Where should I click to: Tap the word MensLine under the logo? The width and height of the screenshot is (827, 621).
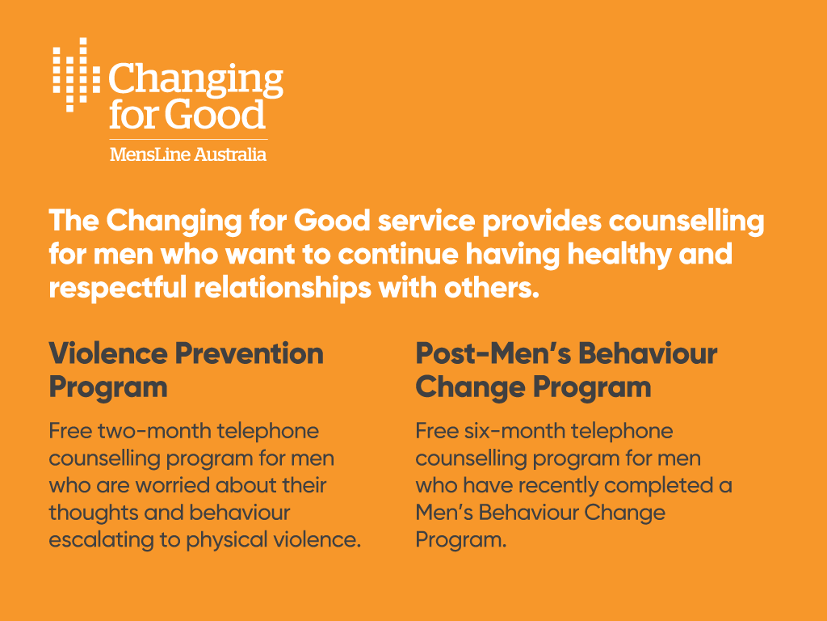point(149,154)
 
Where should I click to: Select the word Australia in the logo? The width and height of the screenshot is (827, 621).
point(230,154)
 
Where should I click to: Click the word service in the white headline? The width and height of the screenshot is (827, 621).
point(426,220)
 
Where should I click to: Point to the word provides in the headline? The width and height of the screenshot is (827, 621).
point(542,222)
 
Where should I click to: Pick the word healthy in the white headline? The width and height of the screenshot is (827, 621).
point(619,255)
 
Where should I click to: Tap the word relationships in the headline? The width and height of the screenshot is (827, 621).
point(283,289)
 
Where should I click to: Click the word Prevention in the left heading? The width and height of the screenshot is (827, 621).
point(249,353)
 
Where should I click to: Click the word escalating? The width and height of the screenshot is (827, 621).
point(98,540)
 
